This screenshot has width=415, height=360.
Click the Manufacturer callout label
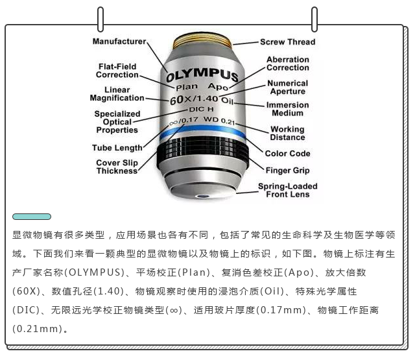point(119,42)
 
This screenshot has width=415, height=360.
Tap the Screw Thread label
point(288,42)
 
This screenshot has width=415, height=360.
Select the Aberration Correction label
point(288,64)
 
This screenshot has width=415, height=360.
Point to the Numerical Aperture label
point(288,87)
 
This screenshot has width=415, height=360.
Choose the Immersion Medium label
point(288,109)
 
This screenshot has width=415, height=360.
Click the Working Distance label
point(287,133)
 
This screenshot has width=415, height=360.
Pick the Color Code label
point(287,154)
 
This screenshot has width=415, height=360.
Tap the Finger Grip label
point(287,170)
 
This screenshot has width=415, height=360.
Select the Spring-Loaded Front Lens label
point(288,190)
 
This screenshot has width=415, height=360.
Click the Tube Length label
point(117,148)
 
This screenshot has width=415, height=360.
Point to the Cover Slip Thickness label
point(117,167)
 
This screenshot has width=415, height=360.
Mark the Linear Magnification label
point(117,93)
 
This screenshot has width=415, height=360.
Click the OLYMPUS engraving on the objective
point(202,75)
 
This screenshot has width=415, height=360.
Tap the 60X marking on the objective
point(180,100)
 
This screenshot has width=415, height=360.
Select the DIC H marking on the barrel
point(201,110)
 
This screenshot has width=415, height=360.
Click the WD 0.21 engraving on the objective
point(219,121)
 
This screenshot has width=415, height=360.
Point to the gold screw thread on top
point(202,41)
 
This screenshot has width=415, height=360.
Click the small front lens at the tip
point(203,196)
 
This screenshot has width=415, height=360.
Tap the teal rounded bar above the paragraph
point(32,217)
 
